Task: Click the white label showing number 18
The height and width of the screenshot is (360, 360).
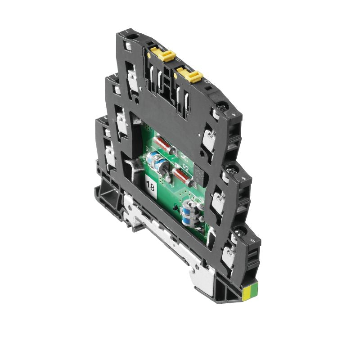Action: [151, 185]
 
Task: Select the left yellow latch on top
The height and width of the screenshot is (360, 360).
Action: [167, 56]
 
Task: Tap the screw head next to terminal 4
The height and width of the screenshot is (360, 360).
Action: [222, 107]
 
